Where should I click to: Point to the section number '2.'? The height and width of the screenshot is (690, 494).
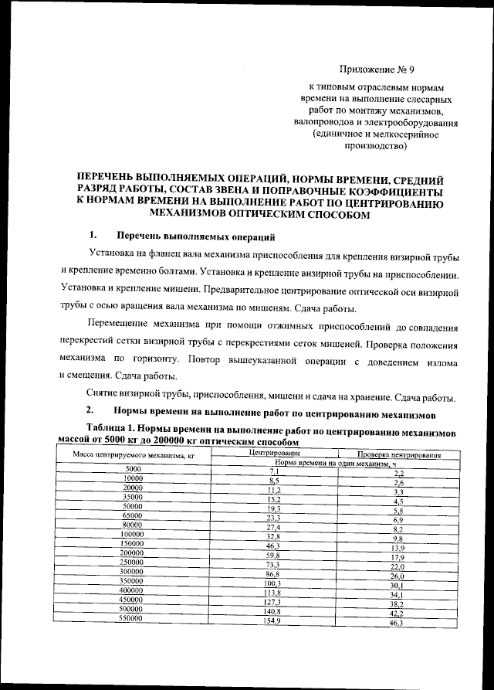90,409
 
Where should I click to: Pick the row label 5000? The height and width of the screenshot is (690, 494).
133,469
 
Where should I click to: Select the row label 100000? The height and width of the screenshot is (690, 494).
133,533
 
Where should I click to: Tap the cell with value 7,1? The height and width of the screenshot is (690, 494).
273,471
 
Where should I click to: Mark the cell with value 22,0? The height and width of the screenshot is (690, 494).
397,567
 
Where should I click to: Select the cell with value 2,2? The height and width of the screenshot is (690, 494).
398,473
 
